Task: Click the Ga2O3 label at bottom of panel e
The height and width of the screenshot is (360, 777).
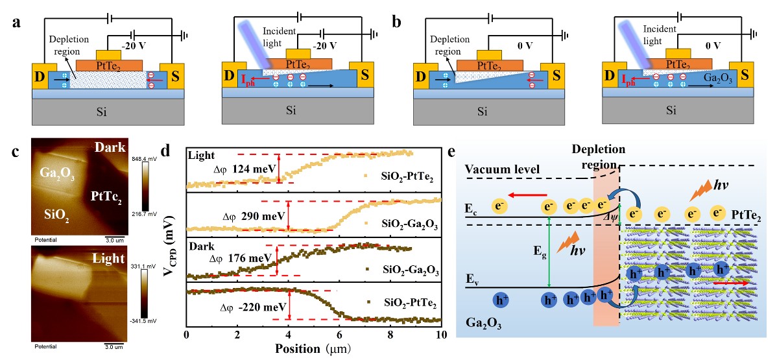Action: pos(483,322)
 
